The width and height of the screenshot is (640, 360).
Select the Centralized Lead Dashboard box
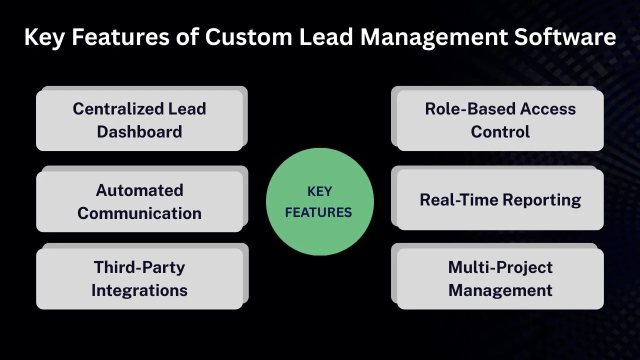pos(139,120)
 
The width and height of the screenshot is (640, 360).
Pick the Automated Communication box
pos(139,201)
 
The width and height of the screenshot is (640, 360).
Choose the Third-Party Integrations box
pos(139,278)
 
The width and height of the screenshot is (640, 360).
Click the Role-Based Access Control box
pos(500,120)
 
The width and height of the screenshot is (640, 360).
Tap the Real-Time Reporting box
pos(500,200)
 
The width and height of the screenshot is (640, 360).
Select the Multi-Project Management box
pos(500,278)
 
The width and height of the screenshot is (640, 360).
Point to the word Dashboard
pos(139,132)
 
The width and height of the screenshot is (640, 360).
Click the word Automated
pos(139,190)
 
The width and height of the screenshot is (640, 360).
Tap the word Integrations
pos(139,290)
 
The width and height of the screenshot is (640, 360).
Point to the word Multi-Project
pos(500,267)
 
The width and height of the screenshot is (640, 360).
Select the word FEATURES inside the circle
pos(318,212)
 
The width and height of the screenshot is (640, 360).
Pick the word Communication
pos(139,213)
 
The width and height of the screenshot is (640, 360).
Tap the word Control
pos(500,132)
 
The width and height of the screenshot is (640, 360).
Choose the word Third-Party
pos(139,267)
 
